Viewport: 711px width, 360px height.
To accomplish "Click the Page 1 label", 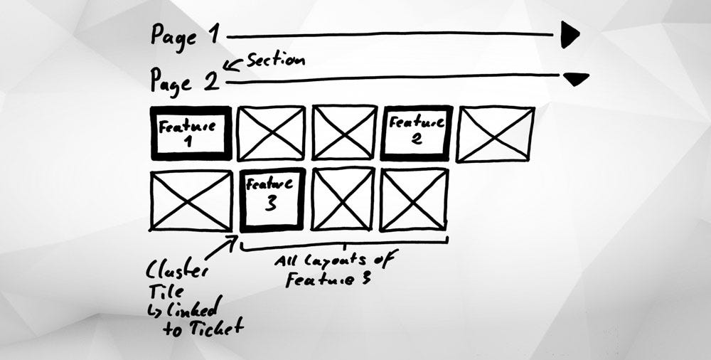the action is point(184,34).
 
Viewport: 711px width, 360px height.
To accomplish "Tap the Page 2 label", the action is point(184,80).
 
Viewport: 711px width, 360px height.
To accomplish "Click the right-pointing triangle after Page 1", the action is point(569,34).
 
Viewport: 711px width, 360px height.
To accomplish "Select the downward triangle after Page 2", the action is point(575,78).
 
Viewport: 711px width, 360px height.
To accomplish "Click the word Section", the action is point(275,60).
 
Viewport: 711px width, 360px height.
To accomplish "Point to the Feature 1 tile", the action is point(190,133).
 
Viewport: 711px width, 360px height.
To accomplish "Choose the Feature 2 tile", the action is point(417,132).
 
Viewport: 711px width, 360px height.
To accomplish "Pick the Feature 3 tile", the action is point(272,200).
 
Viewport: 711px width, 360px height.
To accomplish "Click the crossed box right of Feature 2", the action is point(496,133).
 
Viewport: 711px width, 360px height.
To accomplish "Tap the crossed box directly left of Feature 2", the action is point(344,133).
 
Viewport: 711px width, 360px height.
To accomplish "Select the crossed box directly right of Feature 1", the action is point(271,133).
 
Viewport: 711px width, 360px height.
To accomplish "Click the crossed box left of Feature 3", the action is point(191,200).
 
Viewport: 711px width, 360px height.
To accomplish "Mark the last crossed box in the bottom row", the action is point(414,199).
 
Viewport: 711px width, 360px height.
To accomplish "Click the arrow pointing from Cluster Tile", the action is point(223,249).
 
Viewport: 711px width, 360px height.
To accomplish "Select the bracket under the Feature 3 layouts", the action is point(345,246).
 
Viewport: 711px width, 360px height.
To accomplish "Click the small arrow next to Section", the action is point(232,65).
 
